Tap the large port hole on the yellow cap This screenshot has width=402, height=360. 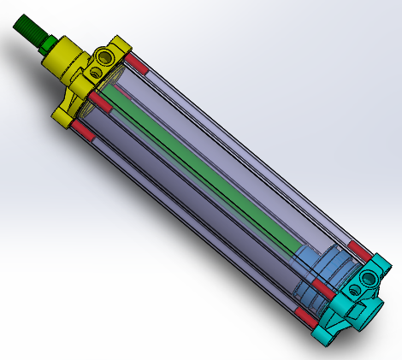pyautogui.click(x=105, y=58)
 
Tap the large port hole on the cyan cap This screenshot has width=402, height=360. pyautogui.click(x=371, y=278)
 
